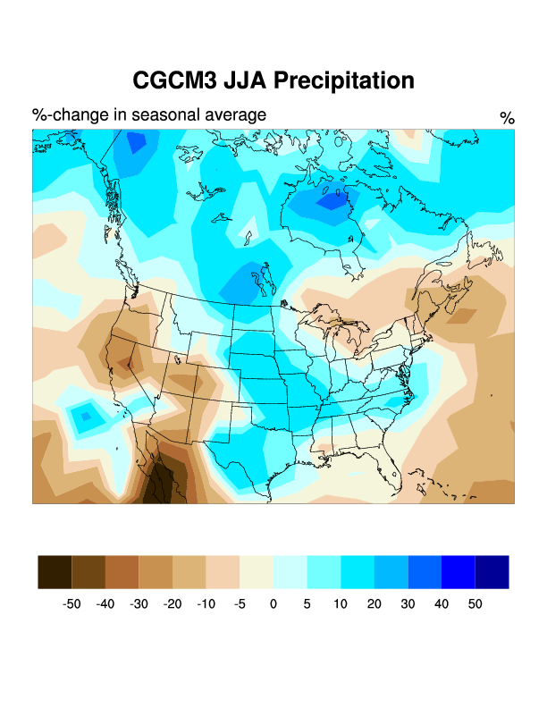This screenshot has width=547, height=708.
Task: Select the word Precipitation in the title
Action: [x=343, y=80]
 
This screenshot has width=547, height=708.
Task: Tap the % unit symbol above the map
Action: [x=507, y=119]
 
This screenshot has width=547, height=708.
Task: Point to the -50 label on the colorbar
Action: [x=72, y=604]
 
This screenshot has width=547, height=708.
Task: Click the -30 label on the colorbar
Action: [x=139, y=604]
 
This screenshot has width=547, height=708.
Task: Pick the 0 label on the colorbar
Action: [x=273, y=604]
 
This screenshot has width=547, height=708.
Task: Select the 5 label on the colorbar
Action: [x=307, y=604]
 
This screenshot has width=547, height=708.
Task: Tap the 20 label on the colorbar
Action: [x=374, y=604]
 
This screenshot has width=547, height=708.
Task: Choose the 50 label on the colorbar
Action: [x=475, y=604]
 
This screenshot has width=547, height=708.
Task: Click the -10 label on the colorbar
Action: [x=206, y=604]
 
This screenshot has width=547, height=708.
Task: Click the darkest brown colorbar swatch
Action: [x=55, y=572]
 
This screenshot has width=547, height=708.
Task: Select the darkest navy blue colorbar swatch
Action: [x=492, y=572]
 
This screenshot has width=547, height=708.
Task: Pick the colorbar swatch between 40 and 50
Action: [x=458, y=572]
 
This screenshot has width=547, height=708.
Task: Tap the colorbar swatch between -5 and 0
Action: [x=257, y=572]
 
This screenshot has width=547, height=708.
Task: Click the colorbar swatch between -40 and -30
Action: [x=122, y=572]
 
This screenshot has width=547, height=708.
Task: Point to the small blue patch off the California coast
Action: [x=87, y=415]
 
